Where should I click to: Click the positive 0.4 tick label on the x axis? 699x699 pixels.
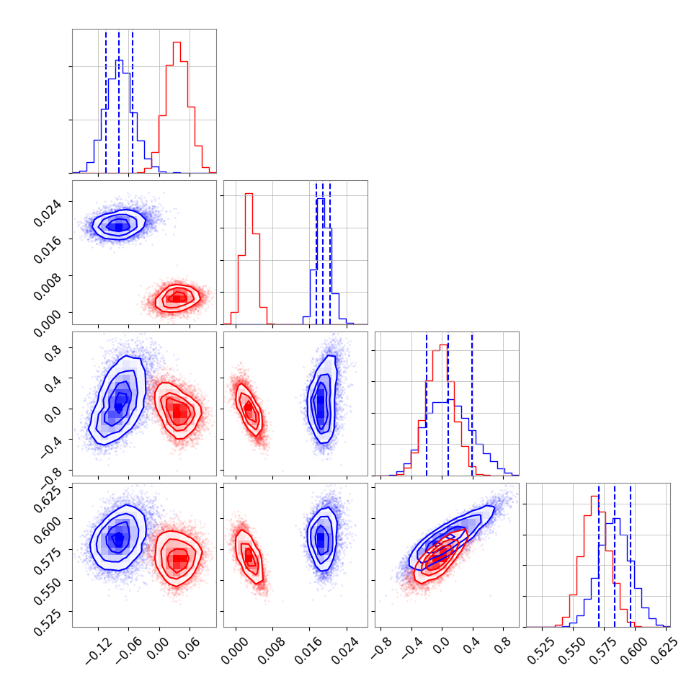[472, 646]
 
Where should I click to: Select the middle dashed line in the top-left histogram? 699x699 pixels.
[119, 101]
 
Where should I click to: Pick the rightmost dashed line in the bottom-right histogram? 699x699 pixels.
[631, 555]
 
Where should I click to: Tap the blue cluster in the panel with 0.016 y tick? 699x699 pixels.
[120, 225]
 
